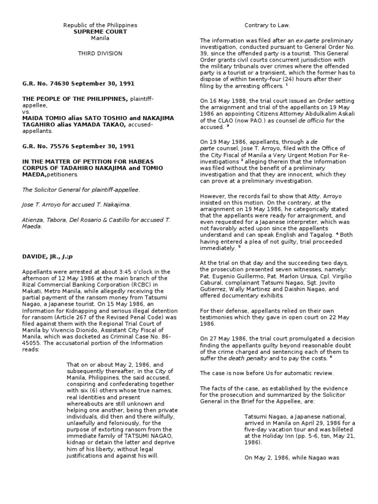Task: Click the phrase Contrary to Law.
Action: click(268, 25)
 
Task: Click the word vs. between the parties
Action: click(26, 112)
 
